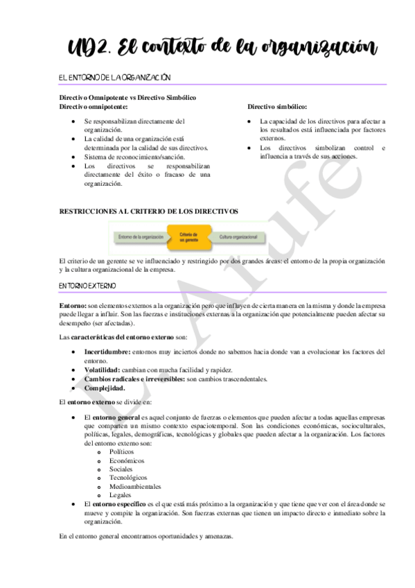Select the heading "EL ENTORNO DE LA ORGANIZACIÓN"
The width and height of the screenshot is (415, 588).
pyautogui.click(x=115, y=78)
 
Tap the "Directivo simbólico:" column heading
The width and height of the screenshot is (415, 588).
pyautogui.click(x=277, y=107)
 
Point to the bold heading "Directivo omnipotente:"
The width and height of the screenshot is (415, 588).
pyautogui.click(x=93, y=107)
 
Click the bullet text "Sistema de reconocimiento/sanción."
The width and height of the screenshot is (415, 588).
pyautogui.click(x=134, y=157)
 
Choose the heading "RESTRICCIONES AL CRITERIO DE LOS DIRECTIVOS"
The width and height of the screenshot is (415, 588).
pyautogui.click(x=149, y=210)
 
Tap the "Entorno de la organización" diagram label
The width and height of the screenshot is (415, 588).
pyautogui.click(x=141, y=237)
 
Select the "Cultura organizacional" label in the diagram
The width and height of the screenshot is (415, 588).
pyautogui.click(x=238, y=237)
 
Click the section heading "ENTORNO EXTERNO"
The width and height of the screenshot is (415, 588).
pyautogui.click(x=88, y=286)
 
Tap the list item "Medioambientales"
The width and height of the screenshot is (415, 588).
pyautogui.click(x=135, y=487)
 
